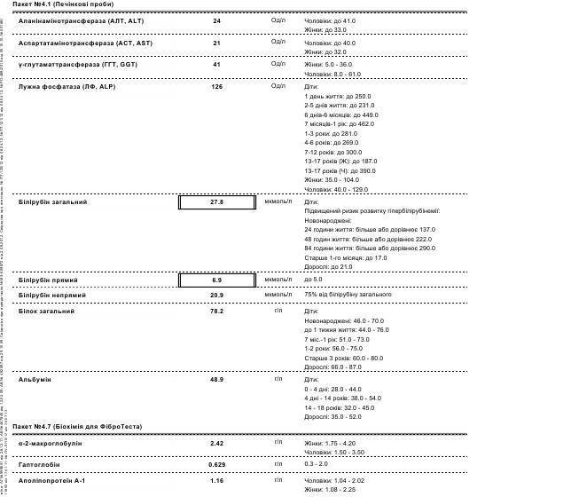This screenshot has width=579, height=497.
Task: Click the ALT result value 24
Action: point(216,20)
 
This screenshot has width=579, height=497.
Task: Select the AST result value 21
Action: point(216,43)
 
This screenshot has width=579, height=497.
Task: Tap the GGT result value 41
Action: point(216,65)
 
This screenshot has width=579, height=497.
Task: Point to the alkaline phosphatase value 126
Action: point(216,87)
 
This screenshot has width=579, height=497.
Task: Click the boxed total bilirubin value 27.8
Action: point(216,202)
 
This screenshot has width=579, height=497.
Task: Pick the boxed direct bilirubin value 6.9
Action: point(216,280)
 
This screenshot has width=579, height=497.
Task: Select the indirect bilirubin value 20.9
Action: point(216,295)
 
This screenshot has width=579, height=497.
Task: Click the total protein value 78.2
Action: point(216,312)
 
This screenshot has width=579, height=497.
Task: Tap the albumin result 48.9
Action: point(216,379)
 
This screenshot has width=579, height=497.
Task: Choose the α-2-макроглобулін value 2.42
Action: point(216,442)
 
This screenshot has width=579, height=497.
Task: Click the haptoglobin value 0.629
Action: point(216,464)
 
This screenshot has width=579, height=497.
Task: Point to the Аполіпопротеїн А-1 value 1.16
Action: point(216,480)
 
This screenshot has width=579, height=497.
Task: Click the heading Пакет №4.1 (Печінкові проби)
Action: point(59,5)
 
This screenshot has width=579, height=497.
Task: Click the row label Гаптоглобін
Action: point(40,464)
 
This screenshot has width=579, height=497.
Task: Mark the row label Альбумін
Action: point(35,379)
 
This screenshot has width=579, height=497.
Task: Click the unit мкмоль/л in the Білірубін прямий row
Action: point(278,280)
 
